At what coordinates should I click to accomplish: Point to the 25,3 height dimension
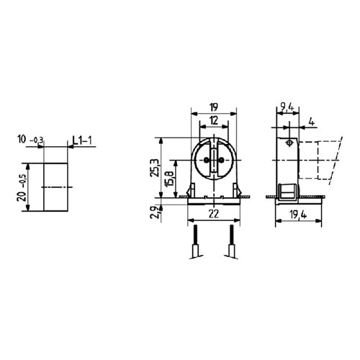point(152,169)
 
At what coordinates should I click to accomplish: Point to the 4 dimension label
point(310,120)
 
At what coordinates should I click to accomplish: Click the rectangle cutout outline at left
point(55,186)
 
